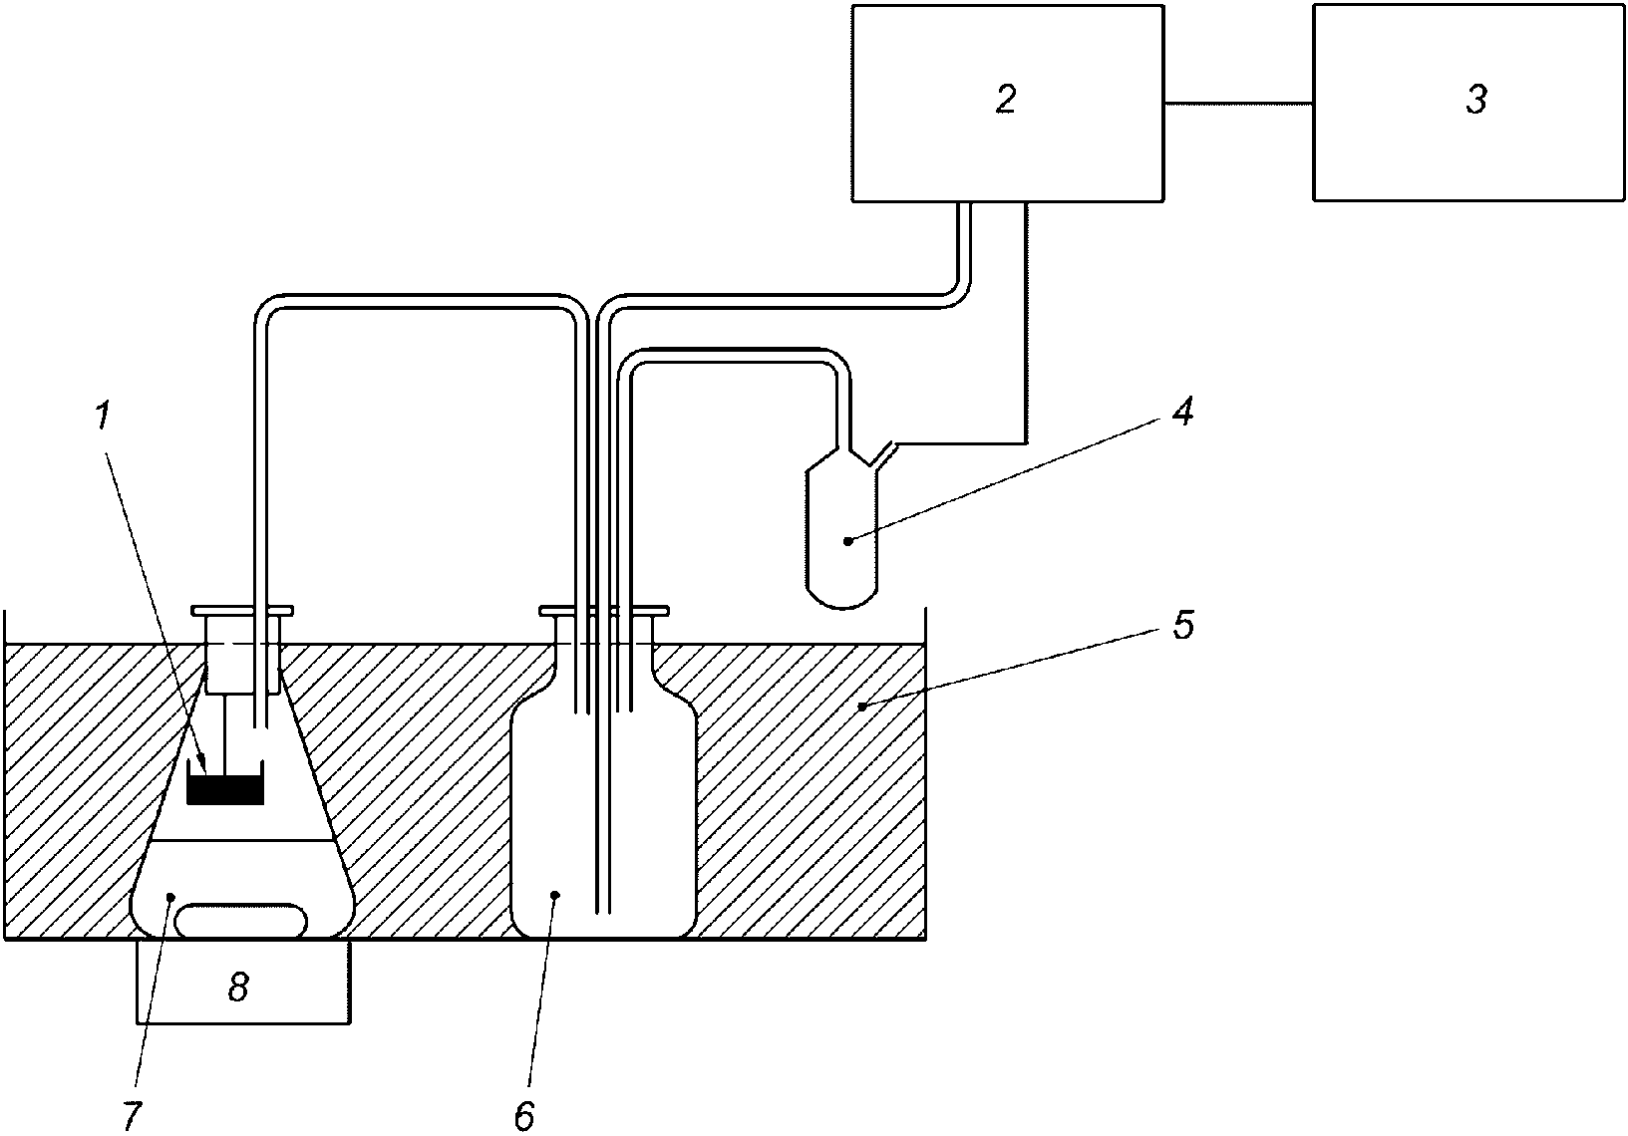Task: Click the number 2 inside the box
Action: click(1006, 99)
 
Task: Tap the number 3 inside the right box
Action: click(1476, 99)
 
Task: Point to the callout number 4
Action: click(1183, 412)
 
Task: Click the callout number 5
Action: click(1184, 625)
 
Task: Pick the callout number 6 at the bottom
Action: click(524, 1116)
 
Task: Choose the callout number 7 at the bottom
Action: click(133, 1116)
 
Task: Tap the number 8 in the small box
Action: click(238, 988)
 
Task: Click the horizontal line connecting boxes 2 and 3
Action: click(1238, 104)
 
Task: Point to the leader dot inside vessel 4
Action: click(847, 541)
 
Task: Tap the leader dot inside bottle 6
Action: click(555, 895)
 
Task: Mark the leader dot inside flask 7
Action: click(170, 897)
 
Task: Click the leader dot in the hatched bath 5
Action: click(859, 706)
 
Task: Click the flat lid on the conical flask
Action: click(242, 611)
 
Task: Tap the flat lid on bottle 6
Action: click(604, 611)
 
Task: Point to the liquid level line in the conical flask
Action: click(243, 841)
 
